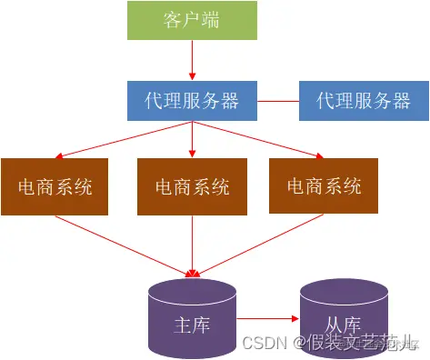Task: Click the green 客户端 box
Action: [192, 21]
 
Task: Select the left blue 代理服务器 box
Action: [192, 100]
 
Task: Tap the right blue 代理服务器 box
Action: [363, 100]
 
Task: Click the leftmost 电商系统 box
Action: [55, 186]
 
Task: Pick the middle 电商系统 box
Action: [192, 186]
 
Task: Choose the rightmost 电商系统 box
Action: [324, 186]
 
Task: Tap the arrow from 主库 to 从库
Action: [267, 320]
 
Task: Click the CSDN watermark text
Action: [264, 344]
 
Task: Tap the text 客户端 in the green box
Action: [192, 21]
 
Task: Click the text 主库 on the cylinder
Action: [192, 325]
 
